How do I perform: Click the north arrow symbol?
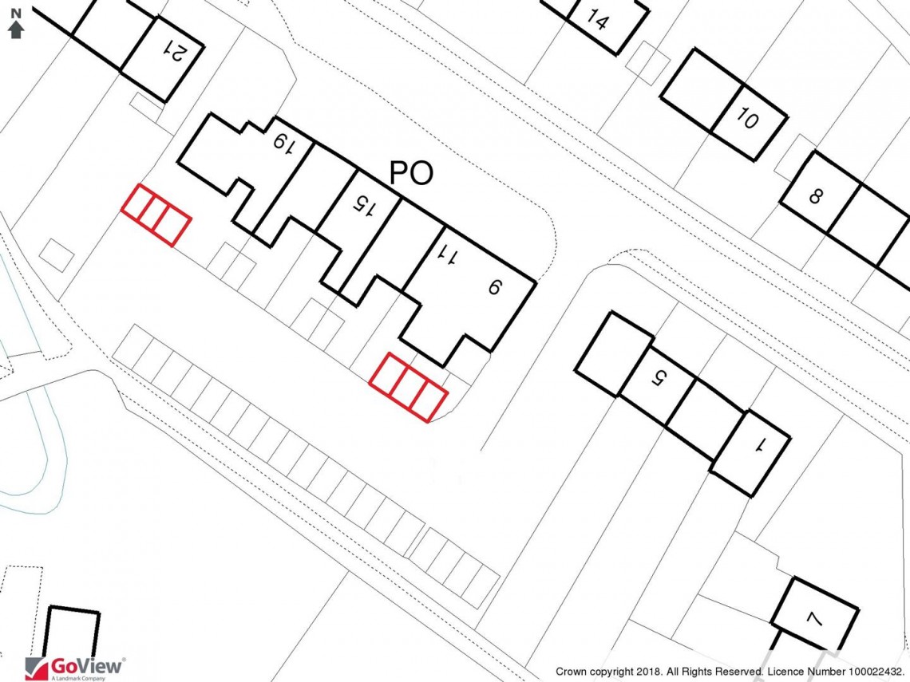coord(16,24)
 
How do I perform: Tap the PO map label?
coord(411,173)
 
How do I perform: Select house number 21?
coord(175,51)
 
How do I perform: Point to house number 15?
coord(363,206)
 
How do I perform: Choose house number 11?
coord(449,255)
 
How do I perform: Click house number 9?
coord(493,287)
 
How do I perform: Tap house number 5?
coord(658,377)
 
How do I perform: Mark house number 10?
coord(748,120)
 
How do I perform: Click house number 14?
coord(597,19)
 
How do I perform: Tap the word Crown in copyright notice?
coord(572,672)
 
